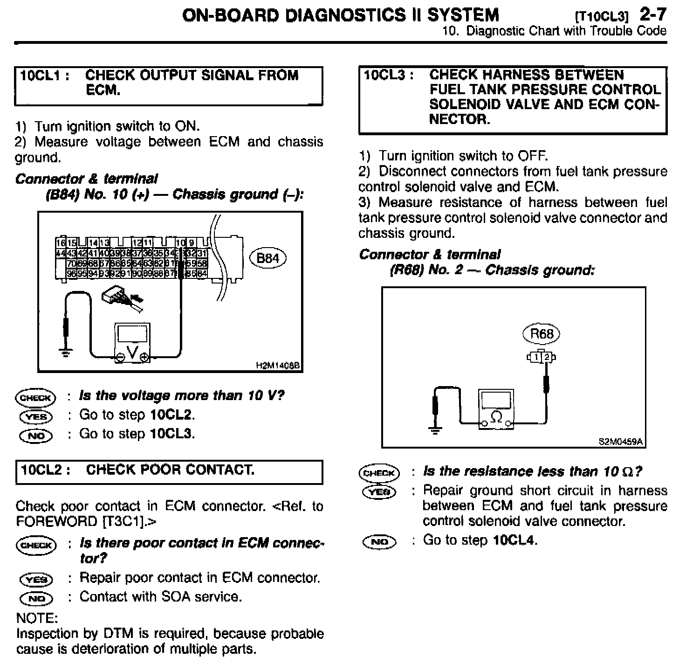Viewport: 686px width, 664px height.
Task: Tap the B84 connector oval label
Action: pos(268,258)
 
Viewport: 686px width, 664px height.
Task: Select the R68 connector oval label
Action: pos(542,334)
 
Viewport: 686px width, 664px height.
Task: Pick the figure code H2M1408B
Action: pos(278,366)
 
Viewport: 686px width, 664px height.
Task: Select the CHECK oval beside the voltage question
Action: pos(35,397)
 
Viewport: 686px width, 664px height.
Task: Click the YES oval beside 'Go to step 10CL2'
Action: pos(36,416)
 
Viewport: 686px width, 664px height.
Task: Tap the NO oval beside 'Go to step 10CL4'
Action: pos(379,541)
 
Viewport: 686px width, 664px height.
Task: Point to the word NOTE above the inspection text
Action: pos(37,618)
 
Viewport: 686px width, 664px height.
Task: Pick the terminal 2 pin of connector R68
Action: pos(547,358)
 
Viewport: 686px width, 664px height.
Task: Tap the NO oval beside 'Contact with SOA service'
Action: pos(36,598)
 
